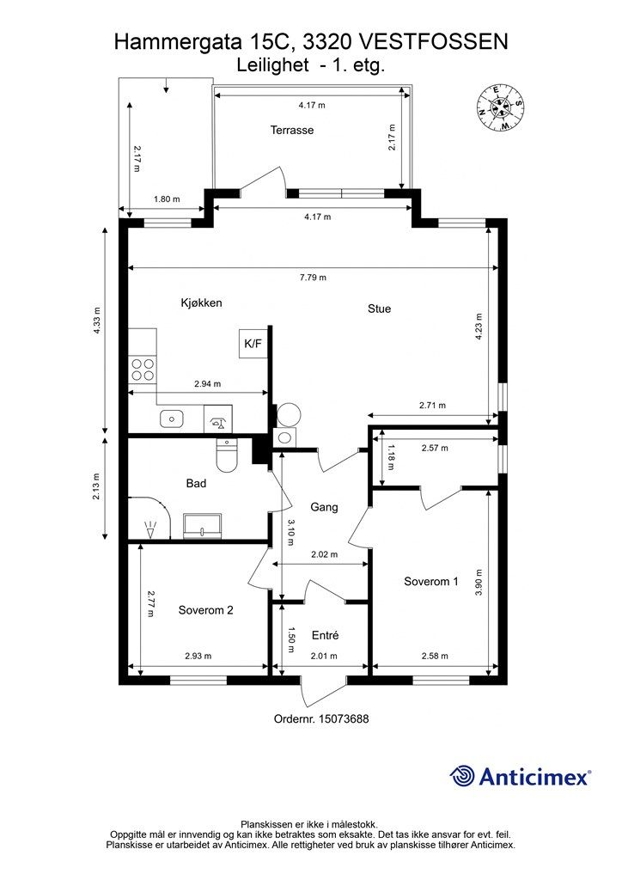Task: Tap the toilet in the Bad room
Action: (227, 455)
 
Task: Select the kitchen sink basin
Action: (172, 419)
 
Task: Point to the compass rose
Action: (500, 107)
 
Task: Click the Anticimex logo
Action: (520, 776)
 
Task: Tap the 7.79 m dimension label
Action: (313, 278)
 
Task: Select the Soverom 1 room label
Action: (430, 582)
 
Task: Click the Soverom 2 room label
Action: (205, 610)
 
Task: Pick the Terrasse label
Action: (291, 131)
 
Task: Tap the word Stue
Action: (379, 309)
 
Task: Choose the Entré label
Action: (326, 635)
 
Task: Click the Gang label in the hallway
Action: (324, 507)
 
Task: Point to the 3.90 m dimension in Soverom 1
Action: (479, 583)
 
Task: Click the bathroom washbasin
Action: (203, 525)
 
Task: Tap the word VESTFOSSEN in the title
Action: (433, 42)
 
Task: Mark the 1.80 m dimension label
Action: (168, 199)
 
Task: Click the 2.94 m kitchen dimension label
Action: (208, 384)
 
